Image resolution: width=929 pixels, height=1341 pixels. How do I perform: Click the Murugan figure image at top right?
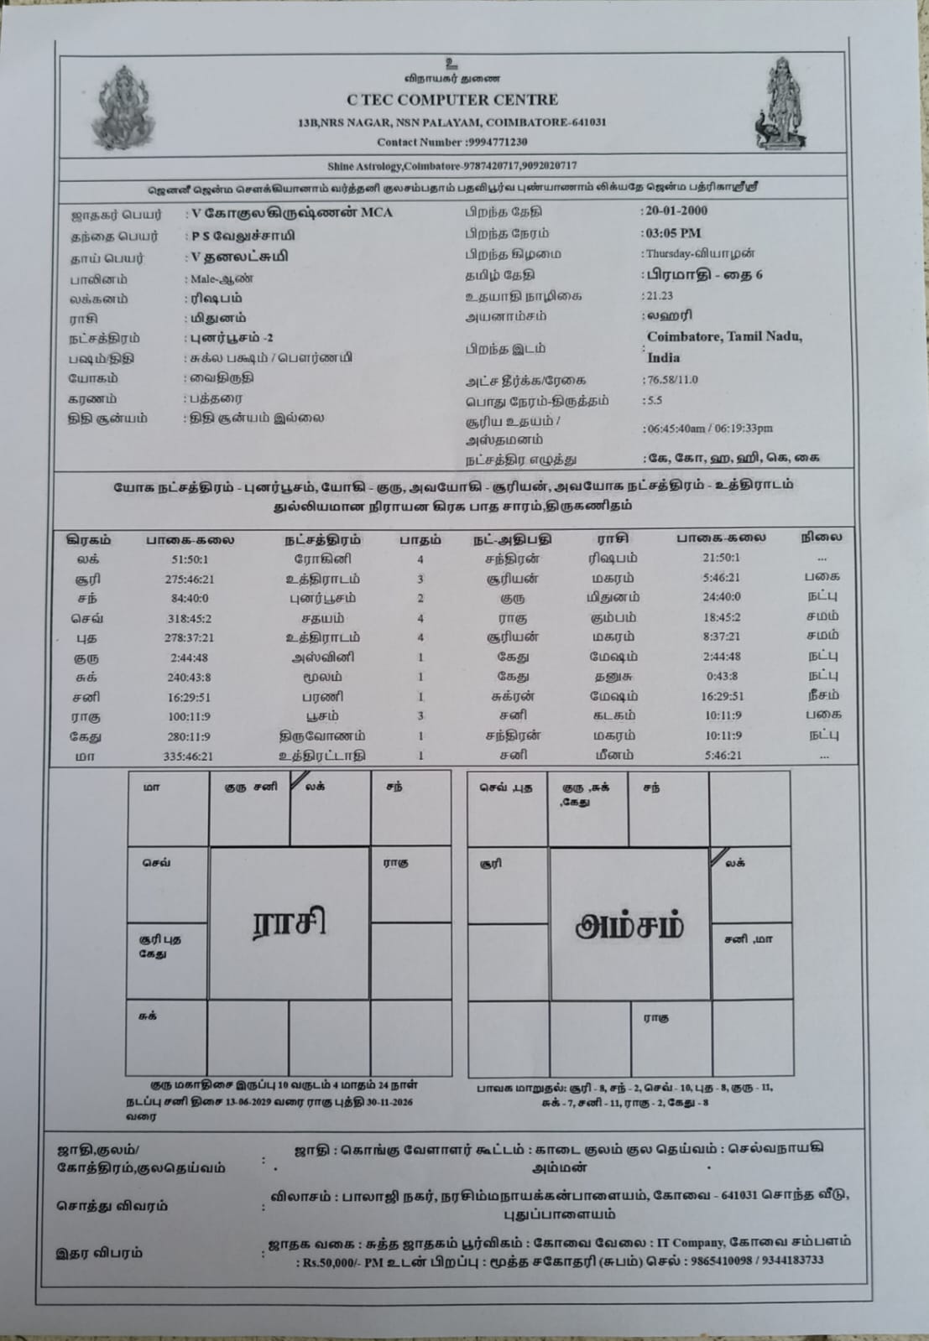tap(784, 105)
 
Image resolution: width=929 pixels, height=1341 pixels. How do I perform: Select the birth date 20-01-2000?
tap(676, 211)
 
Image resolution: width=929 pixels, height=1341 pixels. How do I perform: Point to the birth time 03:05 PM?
tap(673, 233)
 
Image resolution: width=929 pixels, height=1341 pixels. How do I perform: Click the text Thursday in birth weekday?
tap(669, 253)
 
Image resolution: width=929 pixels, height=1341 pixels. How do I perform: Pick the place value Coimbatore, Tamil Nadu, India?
tap(723, 346)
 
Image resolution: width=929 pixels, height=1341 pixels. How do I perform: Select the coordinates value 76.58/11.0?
tap(671, 380)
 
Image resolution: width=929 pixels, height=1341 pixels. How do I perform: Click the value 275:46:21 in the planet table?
tap(189, 579)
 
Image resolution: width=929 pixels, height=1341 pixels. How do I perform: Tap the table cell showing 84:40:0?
tap(188, 599)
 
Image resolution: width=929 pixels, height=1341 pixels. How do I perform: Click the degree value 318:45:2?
tap(188, 619)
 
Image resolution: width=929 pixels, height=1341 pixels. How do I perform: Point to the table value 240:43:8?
tap(188, 678)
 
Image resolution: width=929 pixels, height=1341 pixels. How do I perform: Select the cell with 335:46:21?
tap(188, 756)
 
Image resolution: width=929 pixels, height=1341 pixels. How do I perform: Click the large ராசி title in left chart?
tap(289, 923)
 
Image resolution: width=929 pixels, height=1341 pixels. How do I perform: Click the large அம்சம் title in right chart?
tap(629, 926)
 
